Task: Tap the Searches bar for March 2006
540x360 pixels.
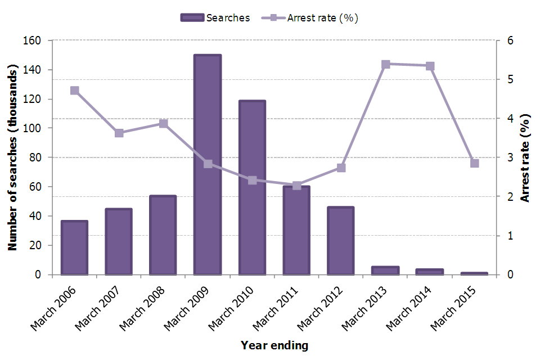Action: (74, 247)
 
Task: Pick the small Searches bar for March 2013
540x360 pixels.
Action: (385, 271)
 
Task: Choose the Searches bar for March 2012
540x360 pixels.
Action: (341, 241)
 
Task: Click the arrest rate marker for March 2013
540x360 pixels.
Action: (385, 65)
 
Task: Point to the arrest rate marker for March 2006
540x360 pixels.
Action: (74, 91)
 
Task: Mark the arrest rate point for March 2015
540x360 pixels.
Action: (474, 163)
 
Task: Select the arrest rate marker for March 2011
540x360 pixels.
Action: (296, 186)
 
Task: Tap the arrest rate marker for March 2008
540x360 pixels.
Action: (163, 124)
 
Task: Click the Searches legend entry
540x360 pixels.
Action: (215, 17)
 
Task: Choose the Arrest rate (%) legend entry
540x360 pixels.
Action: (310, 17)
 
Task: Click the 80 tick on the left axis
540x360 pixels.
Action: (36, 157)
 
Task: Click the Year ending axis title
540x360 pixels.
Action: (274, 345)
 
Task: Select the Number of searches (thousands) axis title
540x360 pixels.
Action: (12, 157)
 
